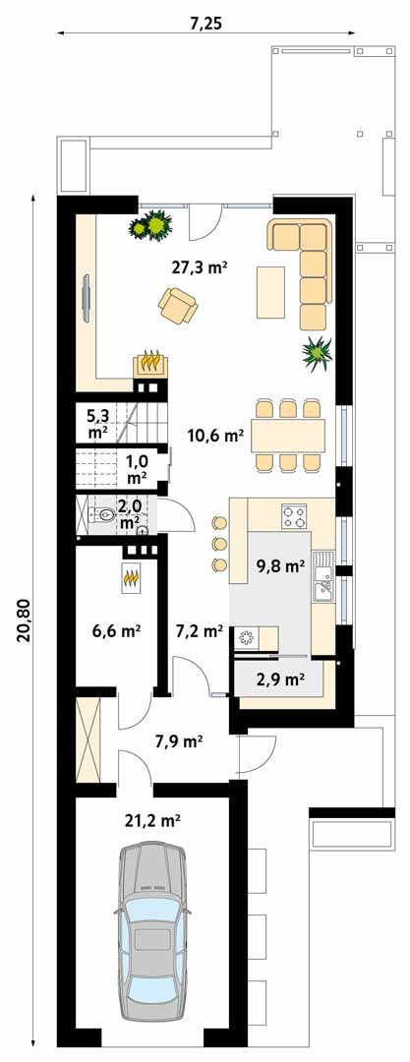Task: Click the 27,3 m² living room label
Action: pos(199,268)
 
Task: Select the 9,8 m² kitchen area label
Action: pos(280,566)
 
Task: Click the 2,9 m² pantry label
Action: pos(280,678)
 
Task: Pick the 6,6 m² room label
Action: pos(116,632)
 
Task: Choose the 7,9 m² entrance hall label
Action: pos(180,741)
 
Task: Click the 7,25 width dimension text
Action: pos(205,24)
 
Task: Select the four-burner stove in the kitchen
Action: pos(295,517)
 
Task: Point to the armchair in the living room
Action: pos(178,306)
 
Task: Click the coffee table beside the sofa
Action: pos(270,292)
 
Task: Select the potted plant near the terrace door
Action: pos(150,225)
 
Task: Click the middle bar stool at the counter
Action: pos(220,543)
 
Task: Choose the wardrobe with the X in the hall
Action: pos(88,740)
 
